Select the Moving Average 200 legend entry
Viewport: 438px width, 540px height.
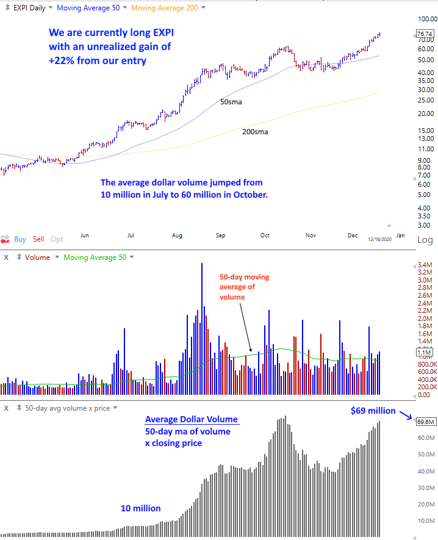pyautogui.click(x=164, y=8)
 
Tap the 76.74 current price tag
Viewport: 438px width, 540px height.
pyautogui.click(x=425, y=34)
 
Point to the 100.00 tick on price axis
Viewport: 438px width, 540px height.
pyautogui.click(x=426, y=20)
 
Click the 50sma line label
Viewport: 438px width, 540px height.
pyautogui.click(x=231, y=102)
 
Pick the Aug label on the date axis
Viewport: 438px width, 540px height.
pyautogui.click(x=177, y=235)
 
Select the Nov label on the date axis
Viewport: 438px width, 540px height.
pyautogui.click(x=310, y=235)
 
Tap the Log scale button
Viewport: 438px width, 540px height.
pyautogui.click(x=425, y=240)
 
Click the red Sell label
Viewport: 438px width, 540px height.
pyautogui.click(x=38, y=240)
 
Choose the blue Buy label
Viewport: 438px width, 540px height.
pyautogui.click(x=20, y=240)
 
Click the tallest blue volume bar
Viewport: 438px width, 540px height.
pyautogui.click(x=201, y=329)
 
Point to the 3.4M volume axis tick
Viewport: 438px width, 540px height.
pyautogui.click(x=425, y=265)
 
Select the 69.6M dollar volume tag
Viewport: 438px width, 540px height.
pyautogui.click(x=425, y=422)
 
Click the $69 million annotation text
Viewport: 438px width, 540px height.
pyautogui.click(x=373, y=411)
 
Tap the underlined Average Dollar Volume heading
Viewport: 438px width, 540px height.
pyautogui.click(x=192, y=420)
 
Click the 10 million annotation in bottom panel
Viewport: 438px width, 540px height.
pyautogui.click(x=140, y=508)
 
